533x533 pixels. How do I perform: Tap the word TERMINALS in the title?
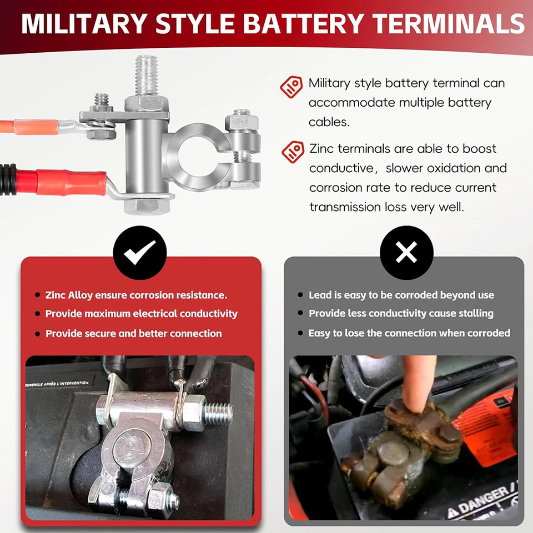[449, 24]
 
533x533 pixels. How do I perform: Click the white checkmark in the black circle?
[140, 253]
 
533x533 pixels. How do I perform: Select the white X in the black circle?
[406, 253]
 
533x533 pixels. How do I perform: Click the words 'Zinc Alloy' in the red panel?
[70, 295]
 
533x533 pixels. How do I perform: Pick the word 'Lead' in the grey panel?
[320, 295]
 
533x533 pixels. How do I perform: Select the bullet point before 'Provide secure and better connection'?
[37, 334]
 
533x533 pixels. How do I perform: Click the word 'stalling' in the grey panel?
[476, 314]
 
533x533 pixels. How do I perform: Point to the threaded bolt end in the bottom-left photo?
[219, 412]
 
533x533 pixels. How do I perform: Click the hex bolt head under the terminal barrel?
[146, 205]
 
